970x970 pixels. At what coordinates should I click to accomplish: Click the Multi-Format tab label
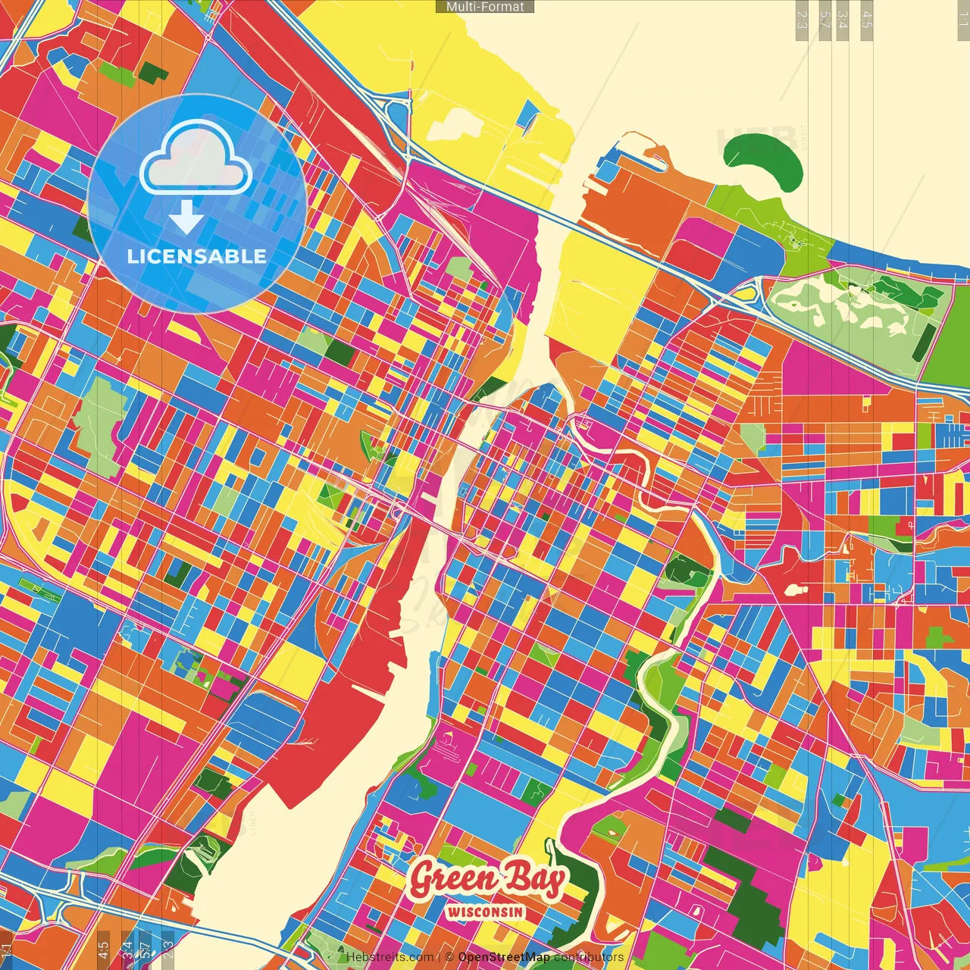[x=485, y=6]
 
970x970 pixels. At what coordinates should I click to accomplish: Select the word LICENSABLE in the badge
[x=196, y=256]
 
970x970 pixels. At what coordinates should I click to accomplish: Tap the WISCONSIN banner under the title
[x=485, y=912]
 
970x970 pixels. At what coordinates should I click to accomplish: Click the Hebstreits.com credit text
[x=390, y=957]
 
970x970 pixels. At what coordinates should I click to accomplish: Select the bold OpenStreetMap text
[x=504, y=957]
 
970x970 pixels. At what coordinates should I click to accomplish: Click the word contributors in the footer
[x=588, y=957]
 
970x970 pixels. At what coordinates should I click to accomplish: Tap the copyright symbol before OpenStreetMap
[x=449, y=957]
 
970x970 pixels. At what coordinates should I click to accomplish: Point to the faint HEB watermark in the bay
[x=758, y=140]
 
